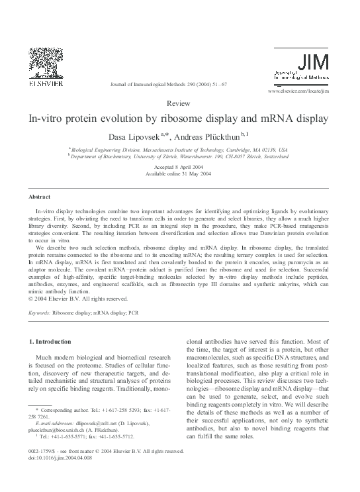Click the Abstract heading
click(x=40, y=197)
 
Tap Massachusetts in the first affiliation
click(x=162, y=150)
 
